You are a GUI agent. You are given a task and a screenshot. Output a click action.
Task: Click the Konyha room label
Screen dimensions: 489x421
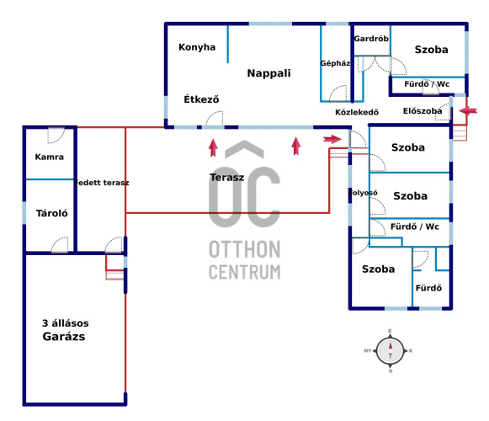click(197, 47)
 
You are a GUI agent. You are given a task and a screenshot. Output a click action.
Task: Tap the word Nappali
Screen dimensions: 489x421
click(268, 73)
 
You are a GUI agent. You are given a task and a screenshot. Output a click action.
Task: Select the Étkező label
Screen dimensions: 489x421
click(201, 99)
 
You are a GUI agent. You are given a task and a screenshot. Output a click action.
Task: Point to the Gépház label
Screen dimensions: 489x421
click(335, 63)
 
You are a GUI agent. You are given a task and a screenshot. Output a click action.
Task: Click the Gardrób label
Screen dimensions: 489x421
click(371, 39)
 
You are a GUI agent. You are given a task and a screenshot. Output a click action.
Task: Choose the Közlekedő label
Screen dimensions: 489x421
click(357, 112)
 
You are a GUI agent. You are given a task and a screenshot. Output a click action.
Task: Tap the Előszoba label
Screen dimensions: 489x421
click(423, 111)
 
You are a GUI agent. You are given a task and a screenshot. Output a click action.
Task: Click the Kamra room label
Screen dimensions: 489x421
click(50, 157)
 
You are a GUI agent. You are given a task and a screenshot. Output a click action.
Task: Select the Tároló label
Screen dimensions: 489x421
click(52, 213)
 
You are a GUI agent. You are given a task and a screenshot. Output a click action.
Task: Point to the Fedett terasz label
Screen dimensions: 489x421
click(101, 183)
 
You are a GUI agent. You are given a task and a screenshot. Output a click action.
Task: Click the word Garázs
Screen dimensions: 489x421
click(64, 337)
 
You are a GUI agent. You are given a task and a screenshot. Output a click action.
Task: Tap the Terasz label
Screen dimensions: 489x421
click(226, 178)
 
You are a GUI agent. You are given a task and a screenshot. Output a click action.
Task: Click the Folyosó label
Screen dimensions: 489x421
click(363, 193)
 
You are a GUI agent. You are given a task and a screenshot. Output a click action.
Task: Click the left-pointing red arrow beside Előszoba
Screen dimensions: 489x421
click(468, 110)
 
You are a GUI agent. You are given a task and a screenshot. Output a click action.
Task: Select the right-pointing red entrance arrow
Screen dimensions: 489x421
click(332, 139)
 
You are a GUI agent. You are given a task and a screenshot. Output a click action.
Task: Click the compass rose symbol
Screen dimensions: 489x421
click(391, 351)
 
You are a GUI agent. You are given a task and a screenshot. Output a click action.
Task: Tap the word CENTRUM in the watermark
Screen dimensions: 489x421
click(244, 272)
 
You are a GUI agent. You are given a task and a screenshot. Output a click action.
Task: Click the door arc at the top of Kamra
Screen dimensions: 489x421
click(56, 136)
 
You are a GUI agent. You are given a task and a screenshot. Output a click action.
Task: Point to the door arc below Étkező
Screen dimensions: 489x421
click(215, 119)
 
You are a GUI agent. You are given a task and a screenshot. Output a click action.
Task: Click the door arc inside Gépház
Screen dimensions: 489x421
click(338, 93)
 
